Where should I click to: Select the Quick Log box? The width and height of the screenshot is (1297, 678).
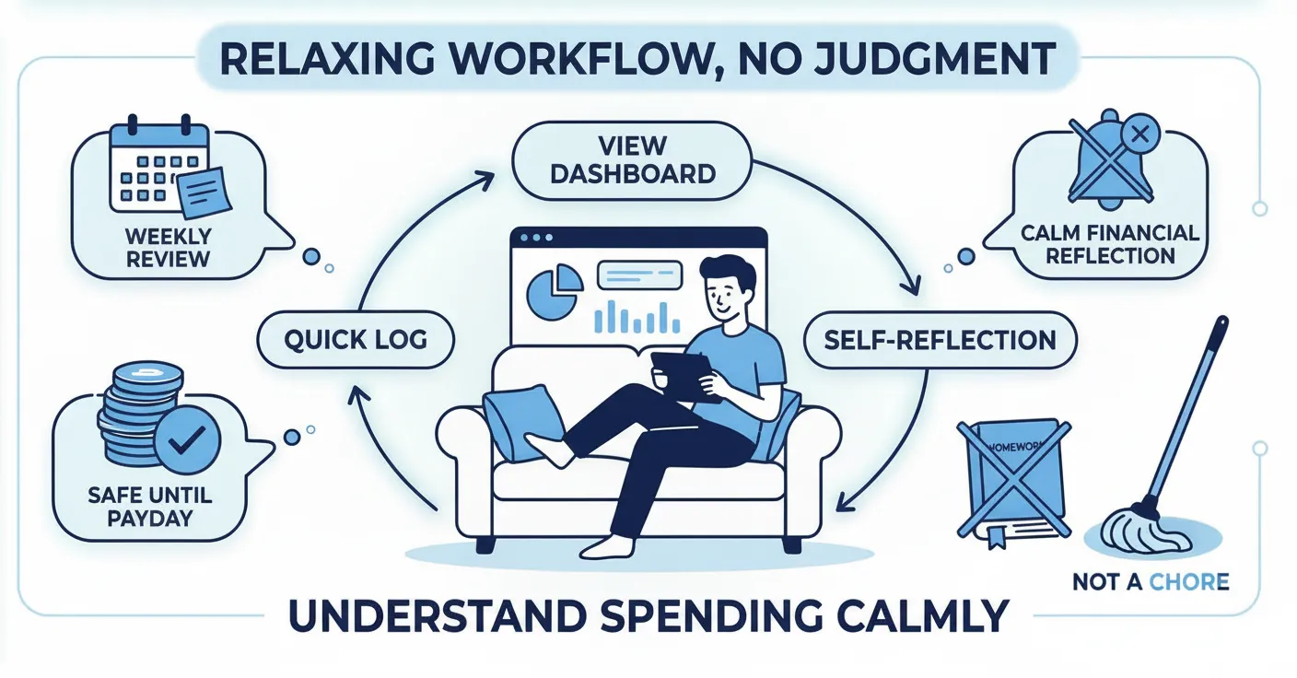click(x=355, y=339)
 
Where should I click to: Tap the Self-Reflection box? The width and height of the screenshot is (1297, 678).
click(x=940, y=339)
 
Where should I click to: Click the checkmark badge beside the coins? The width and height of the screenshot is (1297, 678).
click(x=187, y=439)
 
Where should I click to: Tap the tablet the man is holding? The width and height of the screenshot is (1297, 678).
click(x=682, y=373)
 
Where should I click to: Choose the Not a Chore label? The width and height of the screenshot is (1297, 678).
click(x=1150, y=581)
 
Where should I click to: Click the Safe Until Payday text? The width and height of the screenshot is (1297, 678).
click(x=149, y=506)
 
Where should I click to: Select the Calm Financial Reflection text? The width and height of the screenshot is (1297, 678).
click(x=1109, y=243)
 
